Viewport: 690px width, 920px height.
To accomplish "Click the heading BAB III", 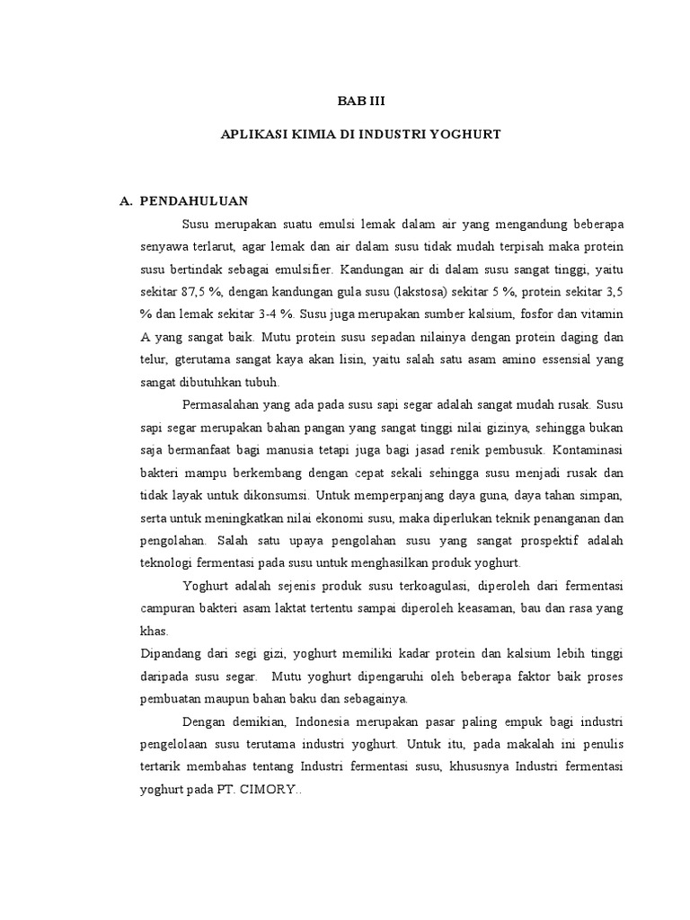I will (360, 102).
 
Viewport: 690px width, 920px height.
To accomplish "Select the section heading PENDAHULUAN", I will (191, 200).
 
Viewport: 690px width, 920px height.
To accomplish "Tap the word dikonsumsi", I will (270, 496).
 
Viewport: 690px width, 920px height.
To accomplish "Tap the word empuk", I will (535, 722).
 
